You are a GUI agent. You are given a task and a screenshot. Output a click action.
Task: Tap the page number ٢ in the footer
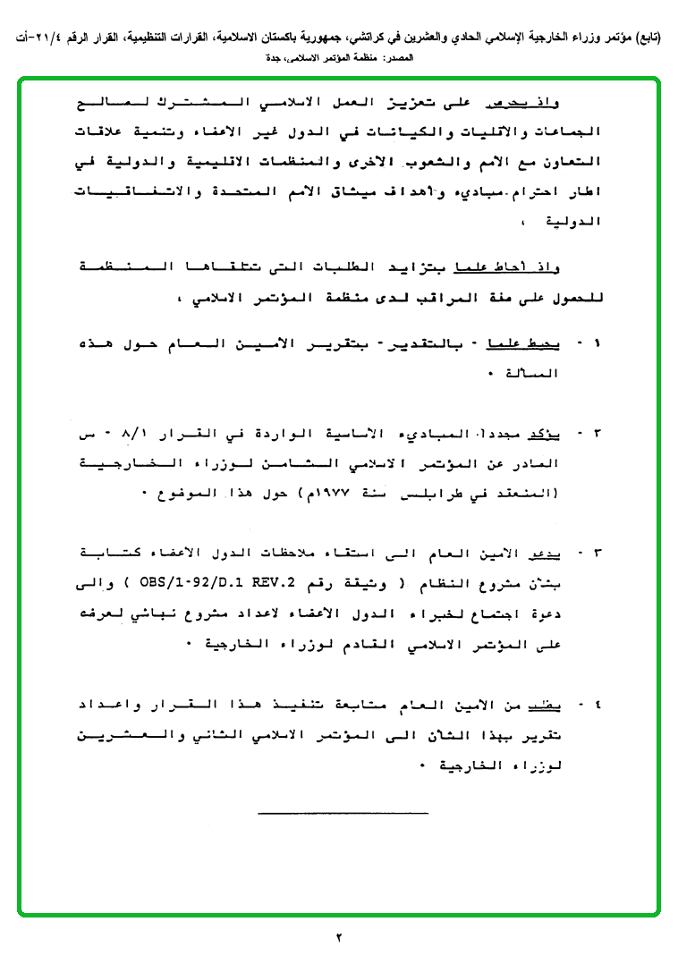tap(339, 938)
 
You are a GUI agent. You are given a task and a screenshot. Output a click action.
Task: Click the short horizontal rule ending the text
tap(343, 812)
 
